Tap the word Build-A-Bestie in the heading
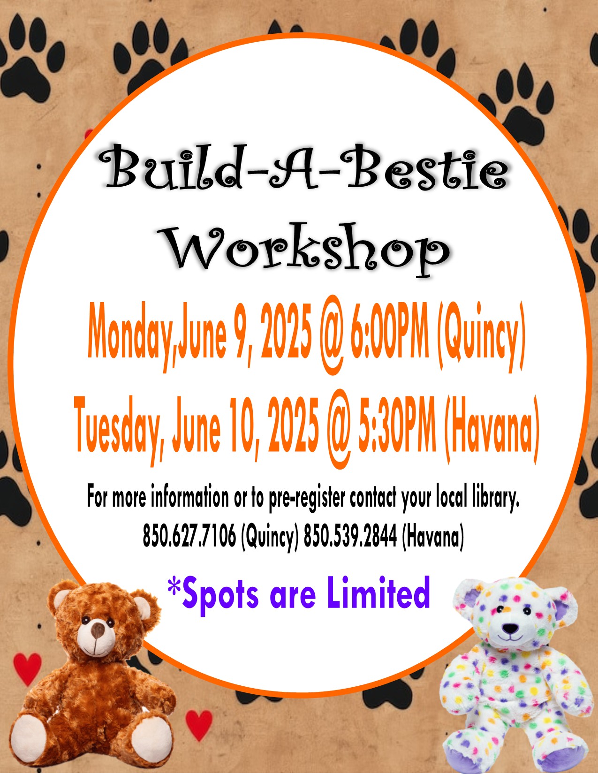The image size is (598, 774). (303, 167)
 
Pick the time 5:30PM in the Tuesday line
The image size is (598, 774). (397, 425)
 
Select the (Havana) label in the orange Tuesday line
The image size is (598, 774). (491, 427)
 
